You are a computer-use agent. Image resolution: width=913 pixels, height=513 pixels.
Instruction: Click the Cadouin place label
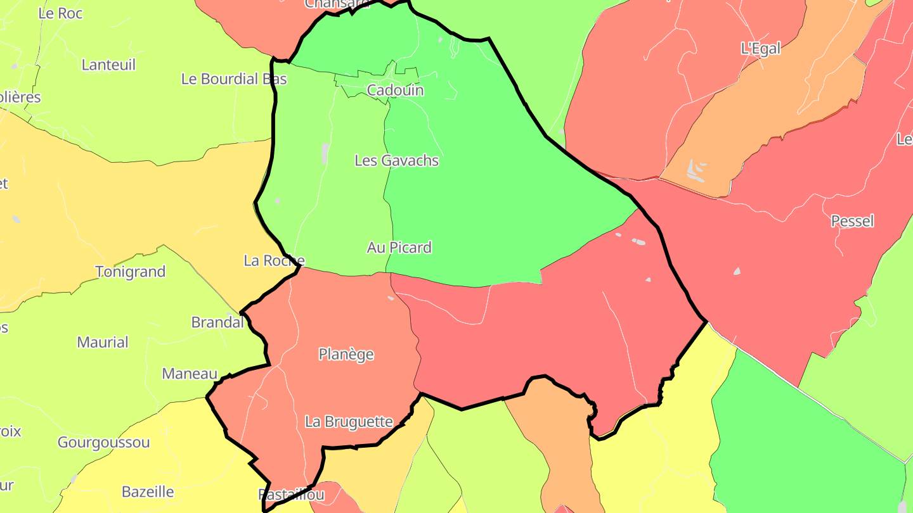tap(395, 91)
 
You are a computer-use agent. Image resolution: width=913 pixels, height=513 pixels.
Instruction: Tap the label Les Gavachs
tap(396, 161)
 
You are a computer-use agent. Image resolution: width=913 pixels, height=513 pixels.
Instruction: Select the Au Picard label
tap(399, 248)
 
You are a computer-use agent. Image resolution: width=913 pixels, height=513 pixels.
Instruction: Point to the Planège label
tap(346, 355)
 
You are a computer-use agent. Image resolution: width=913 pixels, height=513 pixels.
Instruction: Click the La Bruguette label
tap(349, 422)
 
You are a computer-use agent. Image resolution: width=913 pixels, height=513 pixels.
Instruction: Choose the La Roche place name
tap(274, 261)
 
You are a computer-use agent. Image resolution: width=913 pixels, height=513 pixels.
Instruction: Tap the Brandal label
tap(217, 322)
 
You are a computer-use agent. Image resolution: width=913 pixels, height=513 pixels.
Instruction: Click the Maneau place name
tap(190, 374)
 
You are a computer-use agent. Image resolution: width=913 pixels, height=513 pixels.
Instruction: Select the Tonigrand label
tap(130, 272)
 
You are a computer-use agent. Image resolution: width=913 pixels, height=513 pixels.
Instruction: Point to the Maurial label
tap(103, 343)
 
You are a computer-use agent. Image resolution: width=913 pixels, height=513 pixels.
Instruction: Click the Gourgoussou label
tap(103, 443)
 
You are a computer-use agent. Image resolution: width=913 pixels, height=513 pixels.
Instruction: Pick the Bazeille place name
tap(148, 492)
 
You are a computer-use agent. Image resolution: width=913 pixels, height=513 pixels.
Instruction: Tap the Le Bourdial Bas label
tap(234, 79)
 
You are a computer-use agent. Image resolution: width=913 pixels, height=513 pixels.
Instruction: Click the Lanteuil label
tap(108, 65)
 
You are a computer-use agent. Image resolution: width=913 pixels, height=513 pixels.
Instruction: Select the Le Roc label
tap(60, 13)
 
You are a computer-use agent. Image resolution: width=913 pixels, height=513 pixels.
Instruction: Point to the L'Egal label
tap(760, 49)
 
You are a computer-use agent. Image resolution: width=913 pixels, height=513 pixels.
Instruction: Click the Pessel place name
tap(852, 221)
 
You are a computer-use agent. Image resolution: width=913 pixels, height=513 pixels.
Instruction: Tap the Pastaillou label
tap(292, 495)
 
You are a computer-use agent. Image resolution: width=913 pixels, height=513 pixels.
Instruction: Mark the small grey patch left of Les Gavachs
tap(325, 153)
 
